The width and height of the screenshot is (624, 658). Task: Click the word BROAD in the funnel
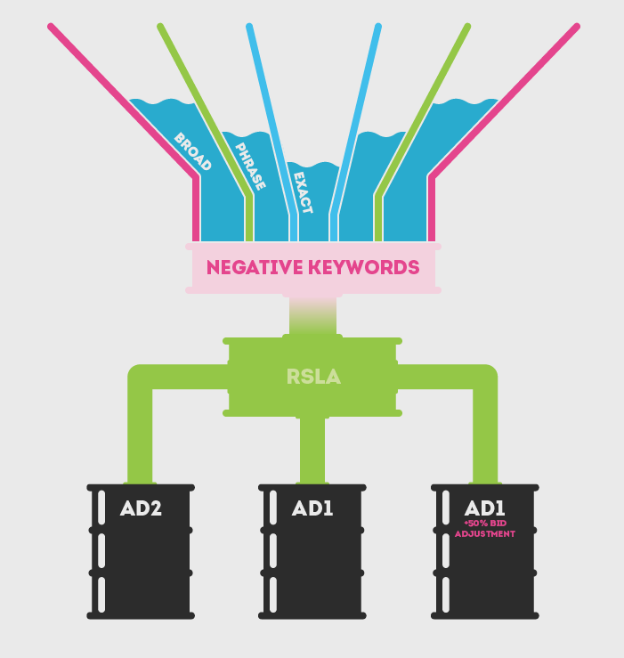click(192, 151)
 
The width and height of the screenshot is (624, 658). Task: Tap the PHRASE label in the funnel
click(250, 166)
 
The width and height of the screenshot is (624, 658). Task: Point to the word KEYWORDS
click(367, 267)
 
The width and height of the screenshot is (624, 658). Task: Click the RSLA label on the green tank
click(312, 377)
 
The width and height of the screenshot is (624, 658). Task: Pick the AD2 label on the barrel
click(142, 509)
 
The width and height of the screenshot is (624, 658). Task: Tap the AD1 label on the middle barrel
click(312, 509)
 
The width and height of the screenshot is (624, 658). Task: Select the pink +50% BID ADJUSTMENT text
click(484, 529)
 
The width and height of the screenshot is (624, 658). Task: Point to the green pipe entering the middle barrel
click(312, 450)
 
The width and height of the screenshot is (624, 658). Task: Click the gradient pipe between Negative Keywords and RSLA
click(312, 316)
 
